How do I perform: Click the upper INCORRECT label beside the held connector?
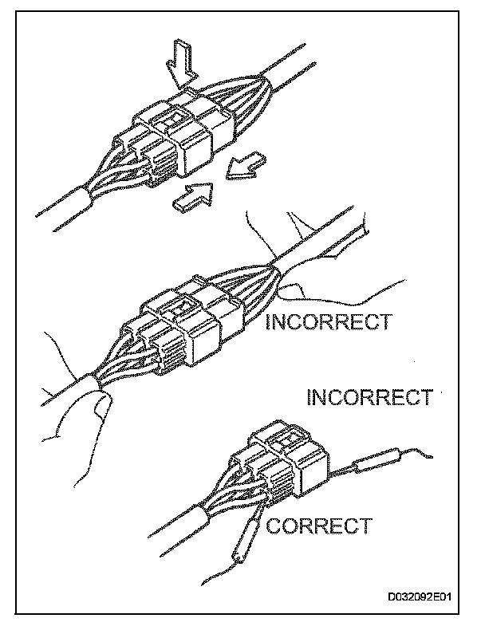click(328, 321)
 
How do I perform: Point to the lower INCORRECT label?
click(369, 396)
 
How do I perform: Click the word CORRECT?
click(318, 526)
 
